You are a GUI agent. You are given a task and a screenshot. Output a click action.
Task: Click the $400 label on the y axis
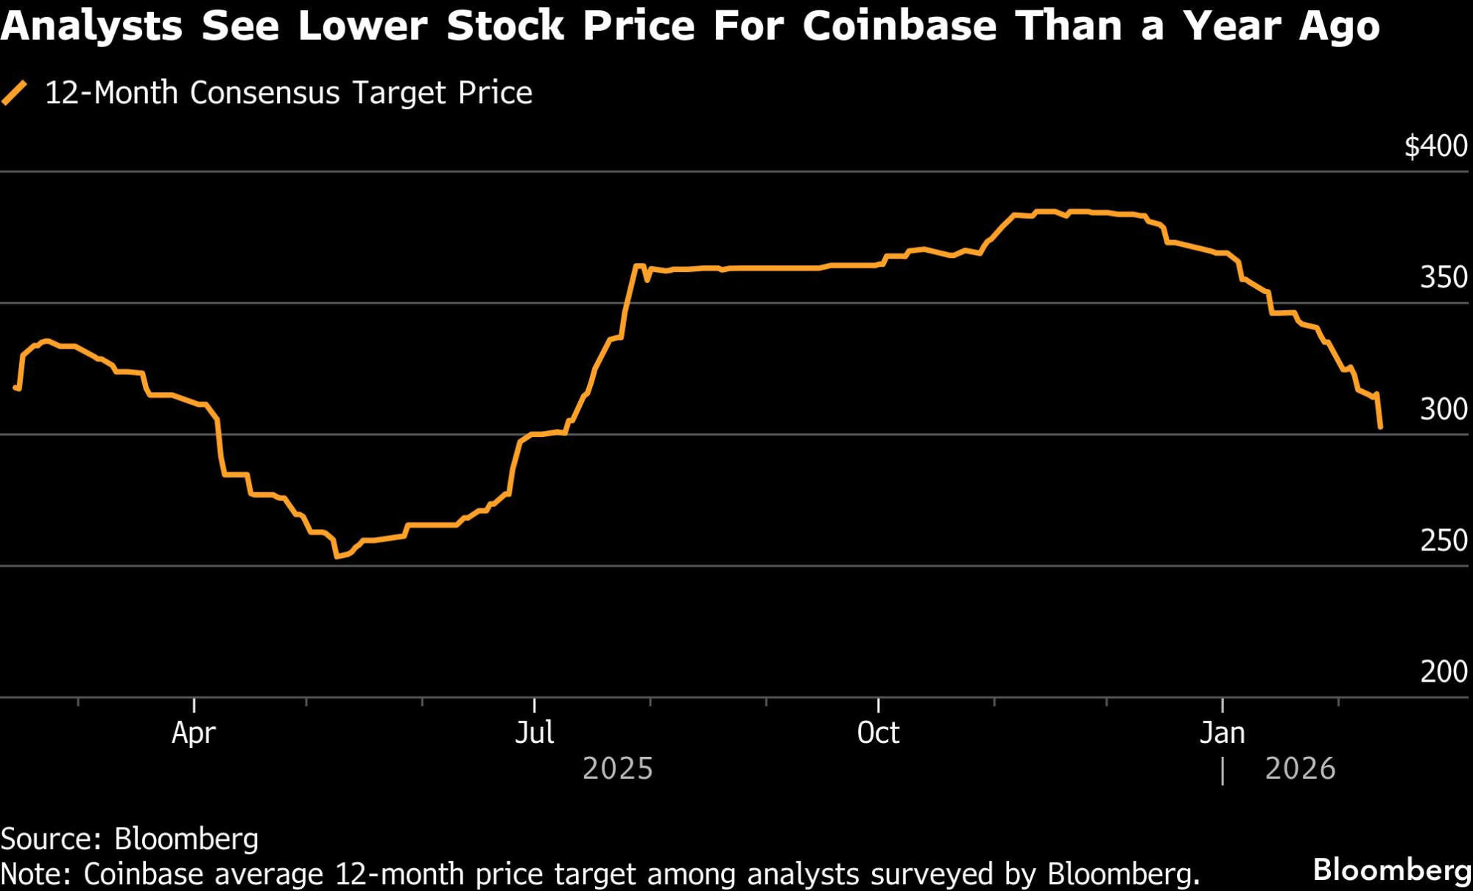click(x=1435, y=146)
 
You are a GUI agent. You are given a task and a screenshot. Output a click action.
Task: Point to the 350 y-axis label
click(x=1444, y=278)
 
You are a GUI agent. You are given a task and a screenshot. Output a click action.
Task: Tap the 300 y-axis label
click(x=1444, y=409)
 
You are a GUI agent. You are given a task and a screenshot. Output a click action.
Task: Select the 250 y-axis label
click(x=1444, y=541)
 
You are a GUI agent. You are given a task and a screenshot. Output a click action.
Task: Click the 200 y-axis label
click(x=1444, y=671)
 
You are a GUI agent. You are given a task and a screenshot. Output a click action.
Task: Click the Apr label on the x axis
click(x=194, y=733)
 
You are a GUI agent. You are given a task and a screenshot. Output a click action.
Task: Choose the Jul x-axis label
click(x=534, y=733)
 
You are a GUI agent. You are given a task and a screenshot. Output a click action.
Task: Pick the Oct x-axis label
click(x=878, y=733)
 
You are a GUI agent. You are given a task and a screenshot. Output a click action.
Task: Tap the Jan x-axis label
click(x=1222, y=733)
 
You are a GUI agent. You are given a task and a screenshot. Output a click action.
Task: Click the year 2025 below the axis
click(x=618, y=769)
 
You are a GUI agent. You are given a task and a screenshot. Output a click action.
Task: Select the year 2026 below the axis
click(x=1300, y=769)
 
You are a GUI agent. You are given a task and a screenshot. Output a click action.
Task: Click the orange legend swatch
click(x=15, y=94)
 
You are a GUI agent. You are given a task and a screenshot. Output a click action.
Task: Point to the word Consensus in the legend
click(x=265, y=94)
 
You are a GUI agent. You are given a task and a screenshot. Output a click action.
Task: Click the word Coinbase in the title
click(x=899, y=27)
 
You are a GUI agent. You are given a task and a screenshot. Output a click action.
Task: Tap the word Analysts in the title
click(x=91, y=27)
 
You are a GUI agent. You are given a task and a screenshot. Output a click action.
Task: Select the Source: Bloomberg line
click(x=130, y=839)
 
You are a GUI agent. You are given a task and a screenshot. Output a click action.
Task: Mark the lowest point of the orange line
click(x=337, y=556)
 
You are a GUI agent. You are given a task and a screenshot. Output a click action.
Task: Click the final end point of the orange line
click(x=1379, y=427)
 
